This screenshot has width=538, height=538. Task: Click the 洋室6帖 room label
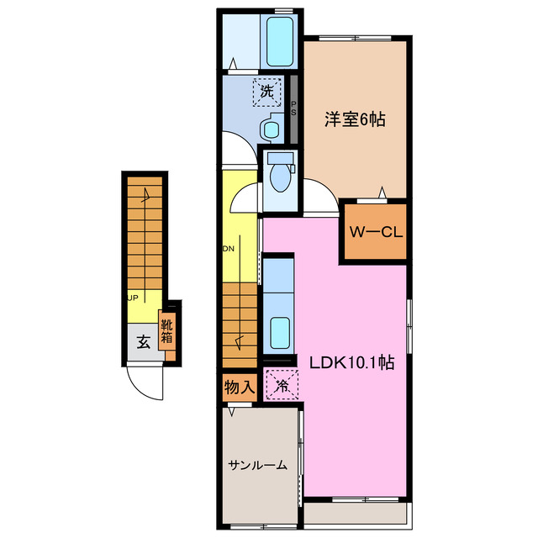pyautogui.click(x=356, y=120)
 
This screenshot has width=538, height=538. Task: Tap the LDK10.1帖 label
pyautogui.click(x=352, y=365)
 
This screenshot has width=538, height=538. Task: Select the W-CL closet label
pyautogui.click(x=374, y=232)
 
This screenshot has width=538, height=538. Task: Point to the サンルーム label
pyautogui.click(x=257, y=464)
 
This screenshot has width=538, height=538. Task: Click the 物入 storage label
pyautogui.click(x=239, y=388)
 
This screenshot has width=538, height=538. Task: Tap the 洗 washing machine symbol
pyautogui.click(x=266, y=92)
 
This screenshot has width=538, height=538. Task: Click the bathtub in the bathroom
pyautogui.click(x=279, y=40)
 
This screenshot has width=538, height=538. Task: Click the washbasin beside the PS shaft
pyautogui.click(x=271, y=129)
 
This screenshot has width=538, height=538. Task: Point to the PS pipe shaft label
pyautogui.click(x=293, y=108)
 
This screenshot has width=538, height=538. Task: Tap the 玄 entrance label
pyautogui.click(x=143, y=342)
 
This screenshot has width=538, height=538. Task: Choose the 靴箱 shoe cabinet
pyautogui.click(x=167, y=333)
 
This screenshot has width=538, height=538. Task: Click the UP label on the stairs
pyautogui.click(x=133, y=297)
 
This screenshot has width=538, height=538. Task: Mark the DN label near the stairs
pyautogui.click(x=228, y=249)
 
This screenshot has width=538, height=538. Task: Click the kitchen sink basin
pyautogui.click(x=278, y=327)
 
